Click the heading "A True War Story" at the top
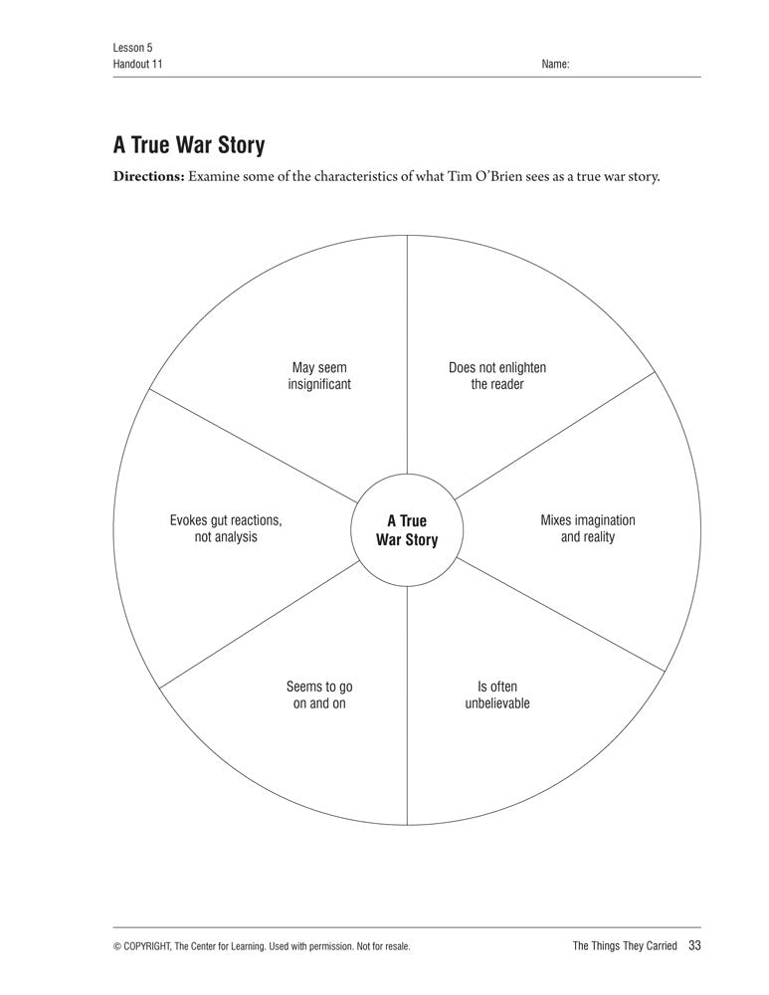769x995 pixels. (189, 145)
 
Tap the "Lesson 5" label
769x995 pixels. (132, 48)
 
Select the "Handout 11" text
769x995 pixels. (138, 64)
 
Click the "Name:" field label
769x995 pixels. (555, 64)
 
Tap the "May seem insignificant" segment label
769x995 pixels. (319, 376)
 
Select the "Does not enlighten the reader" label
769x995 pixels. (497, 376)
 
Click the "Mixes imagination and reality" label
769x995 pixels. (587, 528)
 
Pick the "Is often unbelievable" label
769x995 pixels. (497, 695)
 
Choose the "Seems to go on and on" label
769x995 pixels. (319, 695)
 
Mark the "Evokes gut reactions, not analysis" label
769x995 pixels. (226, 528)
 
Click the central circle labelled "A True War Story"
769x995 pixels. (407, 530)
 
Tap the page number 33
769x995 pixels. (694, 945)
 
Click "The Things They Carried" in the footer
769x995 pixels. (625, 946)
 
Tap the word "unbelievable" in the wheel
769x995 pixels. (497, 703)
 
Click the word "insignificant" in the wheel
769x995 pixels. (319, 385)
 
